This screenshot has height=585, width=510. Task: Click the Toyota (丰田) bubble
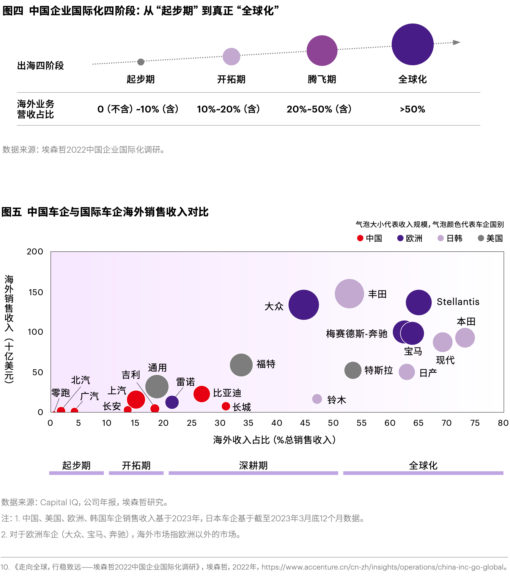click(349, 293)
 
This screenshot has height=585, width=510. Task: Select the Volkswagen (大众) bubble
click(303, 305)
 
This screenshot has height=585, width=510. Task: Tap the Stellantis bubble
click(418, 302)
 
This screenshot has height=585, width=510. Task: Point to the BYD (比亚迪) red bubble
click(202, 394)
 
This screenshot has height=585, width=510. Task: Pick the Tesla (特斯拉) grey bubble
click(353, 370)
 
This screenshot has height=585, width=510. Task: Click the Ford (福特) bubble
click(241, 365)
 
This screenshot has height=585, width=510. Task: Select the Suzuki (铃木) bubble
click(317, 399)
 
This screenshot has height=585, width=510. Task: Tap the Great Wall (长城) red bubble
click(226, 406)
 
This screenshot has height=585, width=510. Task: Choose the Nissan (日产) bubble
click(407, 372)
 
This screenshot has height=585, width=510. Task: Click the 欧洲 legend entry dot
click(400, 238)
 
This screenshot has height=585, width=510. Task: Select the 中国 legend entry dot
click(360, 238)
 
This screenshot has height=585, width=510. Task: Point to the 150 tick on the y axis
click(36, 292)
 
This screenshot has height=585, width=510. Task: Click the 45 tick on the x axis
click(305, 423)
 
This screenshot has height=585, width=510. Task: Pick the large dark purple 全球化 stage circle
click(413, 44)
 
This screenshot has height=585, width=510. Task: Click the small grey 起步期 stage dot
click(141, 62)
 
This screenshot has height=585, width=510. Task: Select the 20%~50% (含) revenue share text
click(319, 109)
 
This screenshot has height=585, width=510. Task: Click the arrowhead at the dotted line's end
click(457, 43)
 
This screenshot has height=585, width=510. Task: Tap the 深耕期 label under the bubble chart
click(253, 465)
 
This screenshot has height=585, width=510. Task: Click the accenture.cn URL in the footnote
click(384, 567)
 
